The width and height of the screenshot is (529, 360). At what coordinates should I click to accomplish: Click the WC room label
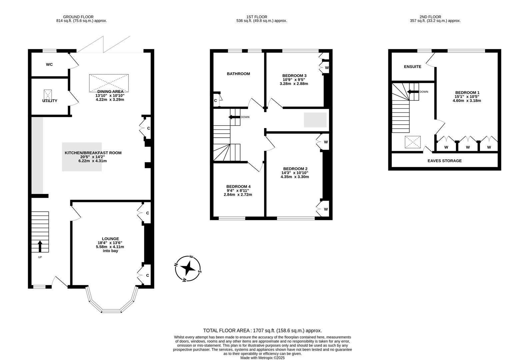click(x=49, y=65)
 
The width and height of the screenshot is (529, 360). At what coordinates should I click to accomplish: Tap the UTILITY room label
click(x=50, y=101)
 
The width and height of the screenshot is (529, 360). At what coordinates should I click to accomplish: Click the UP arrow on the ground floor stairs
click(x=40, y=247)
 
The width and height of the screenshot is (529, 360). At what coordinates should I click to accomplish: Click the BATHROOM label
click(x=238, y=74)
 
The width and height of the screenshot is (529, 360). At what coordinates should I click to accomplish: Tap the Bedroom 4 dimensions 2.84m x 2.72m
click(x=238, y=195)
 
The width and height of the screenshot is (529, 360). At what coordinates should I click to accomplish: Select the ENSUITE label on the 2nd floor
click(x=412, y=67)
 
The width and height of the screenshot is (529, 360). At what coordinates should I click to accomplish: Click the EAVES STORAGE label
click(x=444, y=161)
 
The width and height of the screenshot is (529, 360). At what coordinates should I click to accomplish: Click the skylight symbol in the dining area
click(x=109, y=83)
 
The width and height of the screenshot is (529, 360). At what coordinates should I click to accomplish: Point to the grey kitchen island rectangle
click(x=82, y=157)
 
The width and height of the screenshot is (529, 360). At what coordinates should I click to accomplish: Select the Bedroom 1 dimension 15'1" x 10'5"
click(x=467, y=97)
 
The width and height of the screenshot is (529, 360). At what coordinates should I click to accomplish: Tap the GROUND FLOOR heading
click(x=78, y=17)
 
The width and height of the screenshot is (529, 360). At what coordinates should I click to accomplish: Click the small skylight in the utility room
click(x=48, y=94)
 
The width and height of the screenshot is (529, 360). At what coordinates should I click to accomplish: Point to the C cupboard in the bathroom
click(x=216, y=101)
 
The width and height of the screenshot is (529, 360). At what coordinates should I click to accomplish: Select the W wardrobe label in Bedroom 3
click(x=327, y=68)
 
